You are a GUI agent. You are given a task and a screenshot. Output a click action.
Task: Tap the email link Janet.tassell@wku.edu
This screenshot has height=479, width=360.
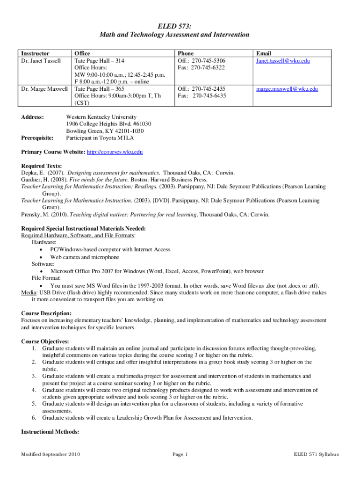click(282, 61)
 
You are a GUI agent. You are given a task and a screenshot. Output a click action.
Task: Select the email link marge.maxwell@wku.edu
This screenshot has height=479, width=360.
click(286, 89)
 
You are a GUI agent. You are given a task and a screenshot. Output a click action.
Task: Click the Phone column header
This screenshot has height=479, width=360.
click(185, 54)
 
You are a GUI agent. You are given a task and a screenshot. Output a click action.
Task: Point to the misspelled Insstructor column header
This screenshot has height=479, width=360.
click(36, 54)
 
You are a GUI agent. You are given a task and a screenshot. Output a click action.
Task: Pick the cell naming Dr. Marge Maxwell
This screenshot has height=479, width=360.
click(44, 89)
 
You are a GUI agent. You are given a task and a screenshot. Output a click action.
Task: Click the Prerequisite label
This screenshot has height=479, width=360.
click(37, 138)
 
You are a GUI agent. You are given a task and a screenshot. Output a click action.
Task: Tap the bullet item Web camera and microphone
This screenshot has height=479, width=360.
click(85, 257)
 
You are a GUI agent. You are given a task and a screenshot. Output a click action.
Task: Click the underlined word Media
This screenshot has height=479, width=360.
click(29, 292)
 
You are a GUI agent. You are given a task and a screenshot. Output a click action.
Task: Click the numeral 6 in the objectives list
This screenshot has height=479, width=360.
click(34, 418)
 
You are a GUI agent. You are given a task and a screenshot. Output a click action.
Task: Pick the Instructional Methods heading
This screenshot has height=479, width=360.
click(50, 432)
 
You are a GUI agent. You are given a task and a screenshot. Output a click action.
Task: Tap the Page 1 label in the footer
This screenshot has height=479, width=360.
click(180, 454)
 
